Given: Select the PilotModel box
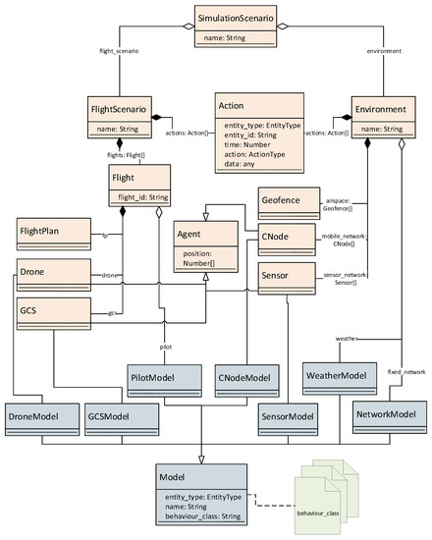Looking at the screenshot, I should (x=164, y=375).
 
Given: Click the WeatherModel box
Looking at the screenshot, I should (x=337, y=374).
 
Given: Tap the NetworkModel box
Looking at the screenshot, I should (x=390, y=415).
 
